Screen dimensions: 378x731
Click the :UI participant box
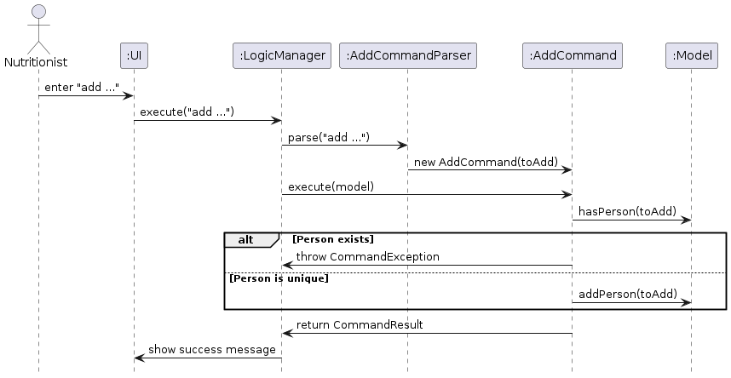pyautogui.click(x=134, y=56)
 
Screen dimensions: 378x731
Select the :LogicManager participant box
pyautogui.click(x=281, y=56)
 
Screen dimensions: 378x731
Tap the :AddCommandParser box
pyautogui.click(x=407, y=56)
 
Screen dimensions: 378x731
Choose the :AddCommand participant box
pyautogui.click(x=573, y=56)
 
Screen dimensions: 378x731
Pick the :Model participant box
pyautogui.click(x=691, y=56)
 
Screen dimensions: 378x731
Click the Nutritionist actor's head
pyautogui.click(x=37, y=13)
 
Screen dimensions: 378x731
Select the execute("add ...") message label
pyautogui.click(x=187, y=112)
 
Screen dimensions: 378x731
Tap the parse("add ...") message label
pyautogui.click(x=328, y=137)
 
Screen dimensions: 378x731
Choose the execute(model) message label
pyautogui.click(x=331, y=186)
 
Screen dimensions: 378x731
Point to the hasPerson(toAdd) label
pyautogui.click(x=627, y=211)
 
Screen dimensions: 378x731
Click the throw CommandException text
pyautogui.click(x=367, y=256)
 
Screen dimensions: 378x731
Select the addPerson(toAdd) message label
pyautogui.click(x=627, y=294)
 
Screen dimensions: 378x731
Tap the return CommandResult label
pyautogui.click(x=360, y=324)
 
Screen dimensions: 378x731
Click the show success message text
pyautogui.click(x=211, y=349)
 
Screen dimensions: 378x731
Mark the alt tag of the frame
pyautogui.click(x=245, y=239)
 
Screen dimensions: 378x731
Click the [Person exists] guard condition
pyautogui.click(x=333, y=239)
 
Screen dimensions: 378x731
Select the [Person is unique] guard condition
pyautogui.click(x=278, y=278)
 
